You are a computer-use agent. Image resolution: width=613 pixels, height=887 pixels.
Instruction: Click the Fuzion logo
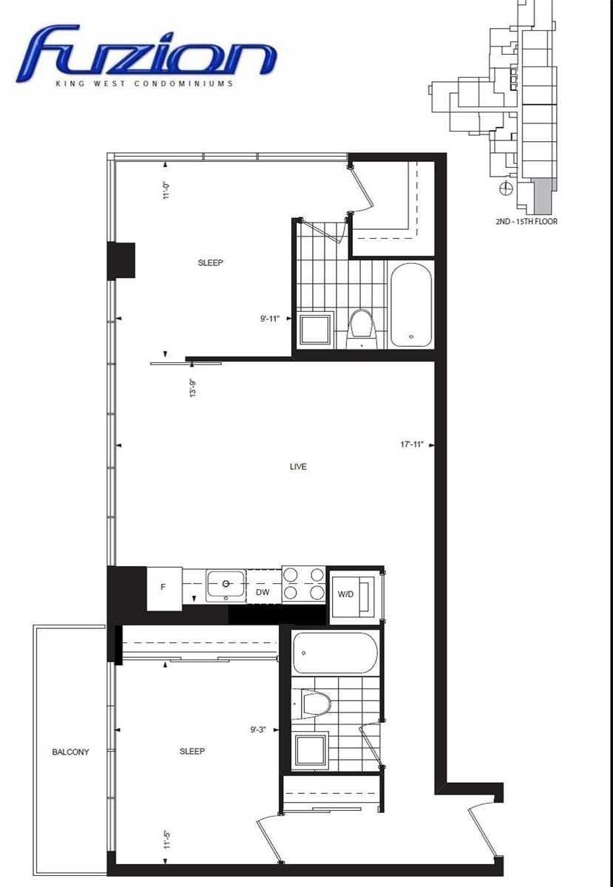click(146, 54)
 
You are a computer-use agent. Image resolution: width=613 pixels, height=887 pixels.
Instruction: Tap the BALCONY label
click(70, 752)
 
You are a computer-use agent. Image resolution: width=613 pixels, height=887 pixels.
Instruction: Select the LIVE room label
click(298, 466)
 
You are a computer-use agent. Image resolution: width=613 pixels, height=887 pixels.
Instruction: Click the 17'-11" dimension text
click(412, 444)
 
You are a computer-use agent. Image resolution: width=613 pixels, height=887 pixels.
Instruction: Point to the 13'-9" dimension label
click(193, 387)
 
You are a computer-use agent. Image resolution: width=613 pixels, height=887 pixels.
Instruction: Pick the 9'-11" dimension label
click(270, 319)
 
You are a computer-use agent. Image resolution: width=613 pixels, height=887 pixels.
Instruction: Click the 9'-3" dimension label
click(258, 730)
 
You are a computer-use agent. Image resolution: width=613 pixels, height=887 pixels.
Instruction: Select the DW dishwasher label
click(263, 592)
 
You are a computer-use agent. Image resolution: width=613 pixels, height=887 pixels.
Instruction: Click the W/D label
click(345, 594)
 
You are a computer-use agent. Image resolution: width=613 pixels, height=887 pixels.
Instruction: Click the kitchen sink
click(226, 585)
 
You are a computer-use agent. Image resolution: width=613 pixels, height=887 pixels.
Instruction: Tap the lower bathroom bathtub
click(335, 653)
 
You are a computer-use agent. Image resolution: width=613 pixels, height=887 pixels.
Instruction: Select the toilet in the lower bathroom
click(313, 704)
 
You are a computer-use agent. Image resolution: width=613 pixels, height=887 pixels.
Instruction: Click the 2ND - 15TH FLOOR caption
click(526, 221)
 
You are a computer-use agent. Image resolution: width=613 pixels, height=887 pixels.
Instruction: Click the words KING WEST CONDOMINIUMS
click(144, 84)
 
